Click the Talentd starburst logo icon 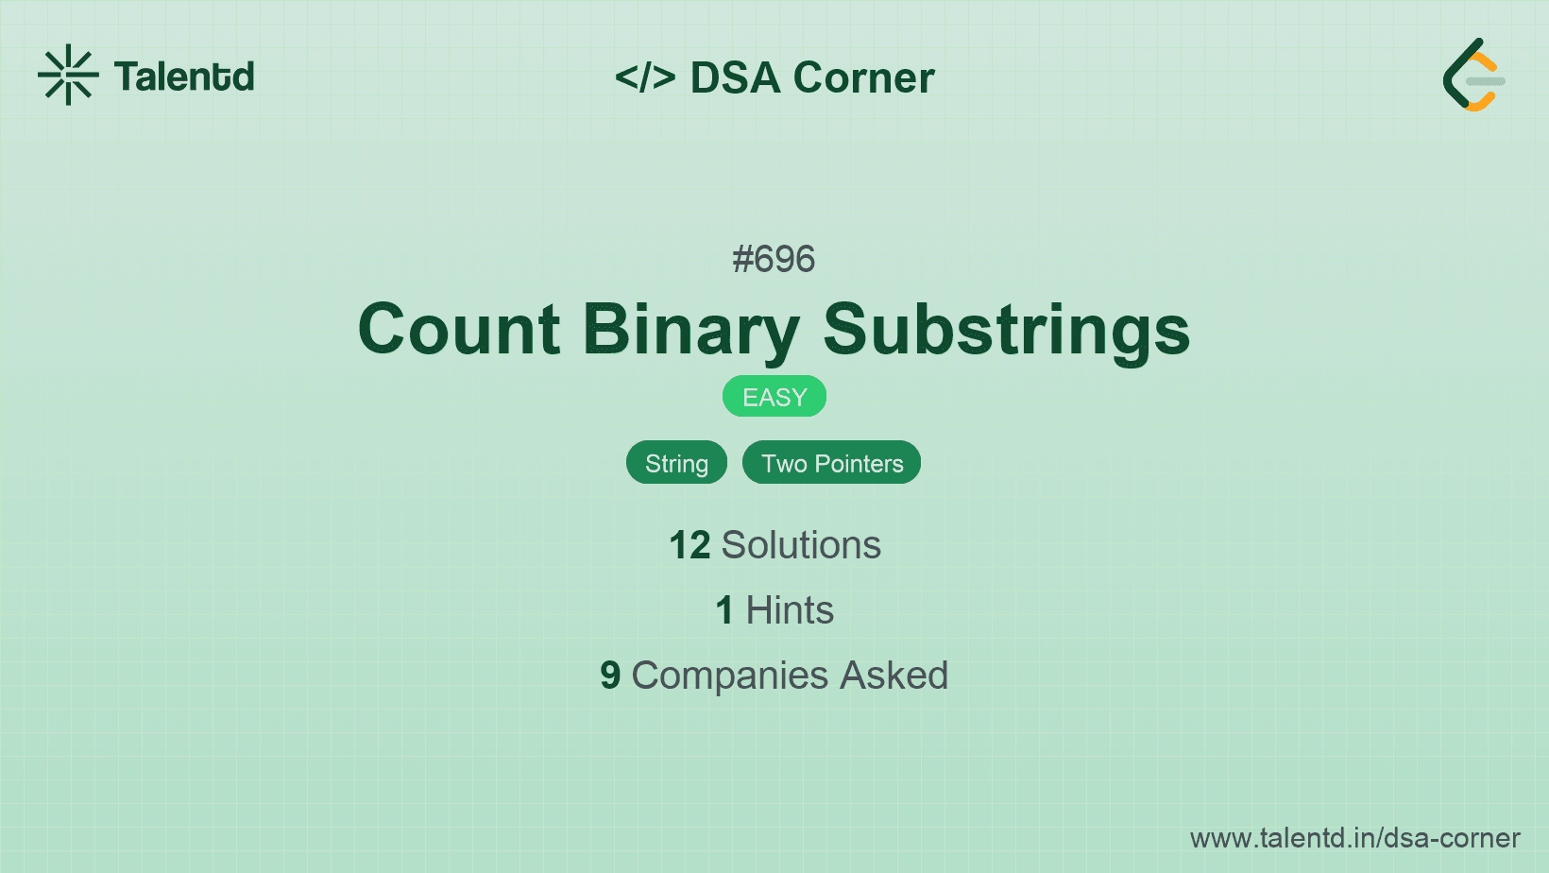click(68, 75)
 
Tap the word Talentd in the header click(184, 77)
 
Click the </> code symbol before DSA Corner click(645, 77)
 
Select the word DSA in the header click(735, 77)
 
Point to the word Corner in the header click(863, 77)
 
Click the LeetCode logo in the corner click(1473, 75)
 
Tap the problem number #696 click(774, 260)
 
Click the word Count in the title click(459, 330)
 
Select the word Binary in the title click(691, 332)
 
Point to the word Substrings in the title click(1006, 332)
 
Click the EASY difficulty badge click(774, 397)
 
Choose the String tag click(676, 462)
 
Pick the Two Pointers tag click(832, 462)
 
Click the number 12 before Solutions click(689, 545)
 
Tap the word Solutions click(801, 545)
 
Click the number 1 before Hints click(724, 610)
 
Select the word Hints click(790, 610)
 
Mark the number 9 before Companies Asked click(610, 676)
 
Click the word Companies click(729, 676)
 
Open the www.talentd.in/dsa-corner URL click(1354, 838)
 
